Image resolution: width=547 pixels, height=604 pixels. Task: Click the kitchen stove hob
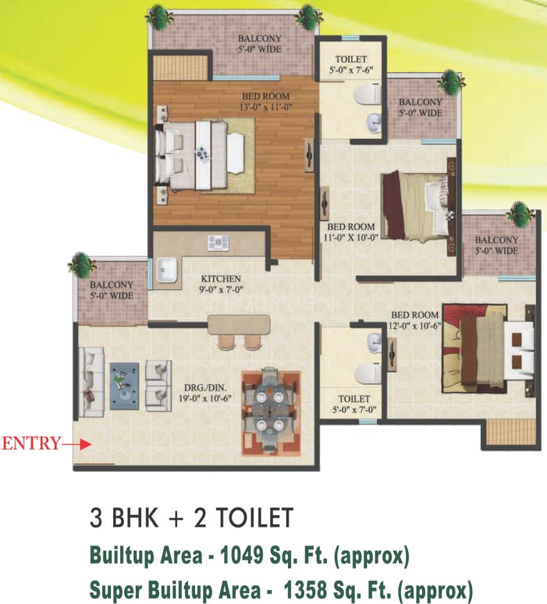tap(217, 243)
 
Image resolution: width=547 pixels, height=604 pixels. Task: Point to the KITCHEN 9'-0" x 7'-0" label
tap(221, 284)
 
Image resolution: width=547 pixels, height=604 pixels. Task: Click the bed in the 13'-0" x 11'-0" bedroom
tap(201, 155)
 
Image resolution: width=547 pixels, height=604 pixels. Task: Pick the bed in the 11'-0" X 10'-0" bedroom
tap(416, 206)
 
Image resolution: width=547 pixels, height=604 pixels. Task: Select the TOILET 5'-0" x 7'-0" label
tap(353, 404)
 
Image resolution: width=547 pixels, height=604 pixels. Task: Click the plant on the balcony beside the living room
tap(83, 265)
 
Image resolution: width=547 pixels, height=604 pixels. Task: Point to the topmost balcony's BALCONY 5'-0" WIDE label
tap(260, 44)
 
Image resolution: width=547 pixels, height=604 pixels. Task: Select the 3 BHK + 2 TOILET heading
tap(192, 519)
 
